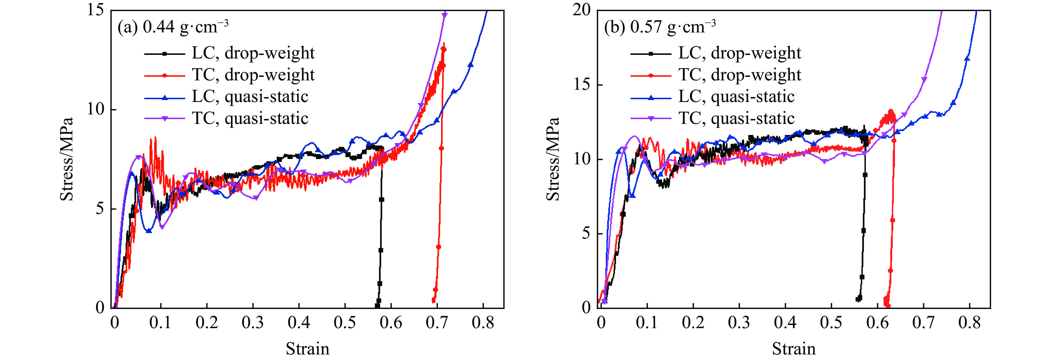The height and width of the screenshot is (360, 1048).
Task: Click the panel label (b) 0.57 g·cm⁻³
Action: tap(660, 27)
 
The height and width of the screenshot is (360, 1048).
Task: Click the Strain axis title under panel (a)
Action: tap(307, 349)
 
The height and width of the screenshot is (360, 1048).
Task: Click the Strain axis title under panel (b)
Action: tap(794, 349)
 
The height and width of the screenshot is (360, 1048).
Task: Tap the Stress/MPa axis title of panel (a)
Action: tap(67, 159)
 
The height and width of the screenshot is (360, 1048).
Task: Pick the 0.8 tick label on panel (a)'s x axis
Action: tap(483, 323)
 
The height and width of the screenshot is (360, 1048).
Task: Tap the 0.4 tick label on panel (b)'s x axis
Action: tap(785, 323)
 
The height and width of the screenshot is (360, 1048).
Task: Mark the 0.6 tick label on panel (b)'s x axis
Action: tap(877, 323)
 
